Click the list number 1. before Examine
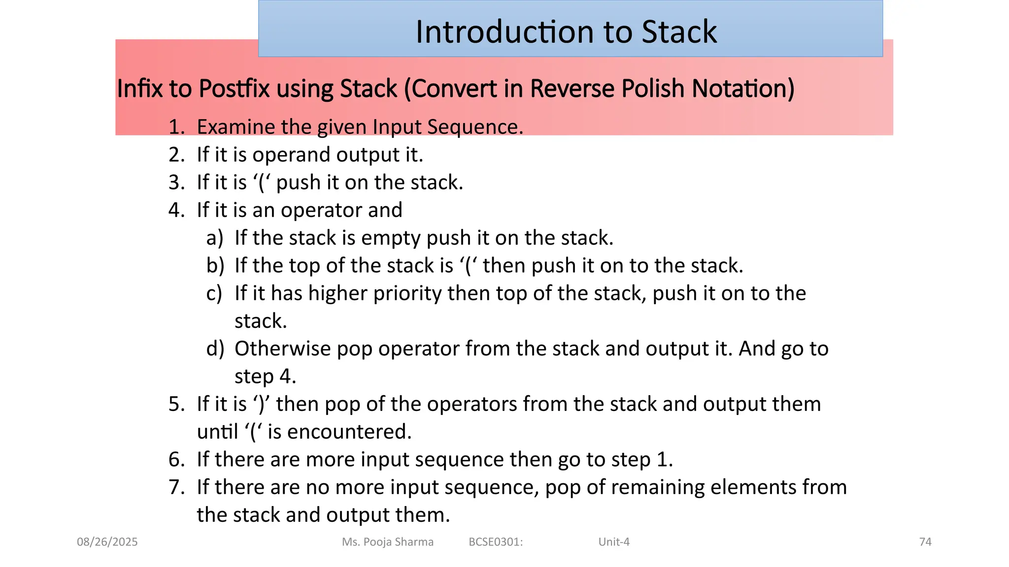point(176,127)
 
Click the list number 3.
point(176,183)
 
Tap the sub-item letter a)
point(214,238)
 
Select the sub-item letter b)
point(215,266)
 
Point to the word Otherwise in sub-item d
point(282,349)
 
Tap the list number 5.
point(176,405)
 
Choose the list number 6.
point(176,460)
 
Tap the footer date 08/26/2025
point(107,542)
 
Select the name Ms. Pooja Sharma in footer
point(388,542)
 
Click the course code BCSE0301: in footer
point(496,542)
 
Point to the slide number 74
point(925,542)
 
